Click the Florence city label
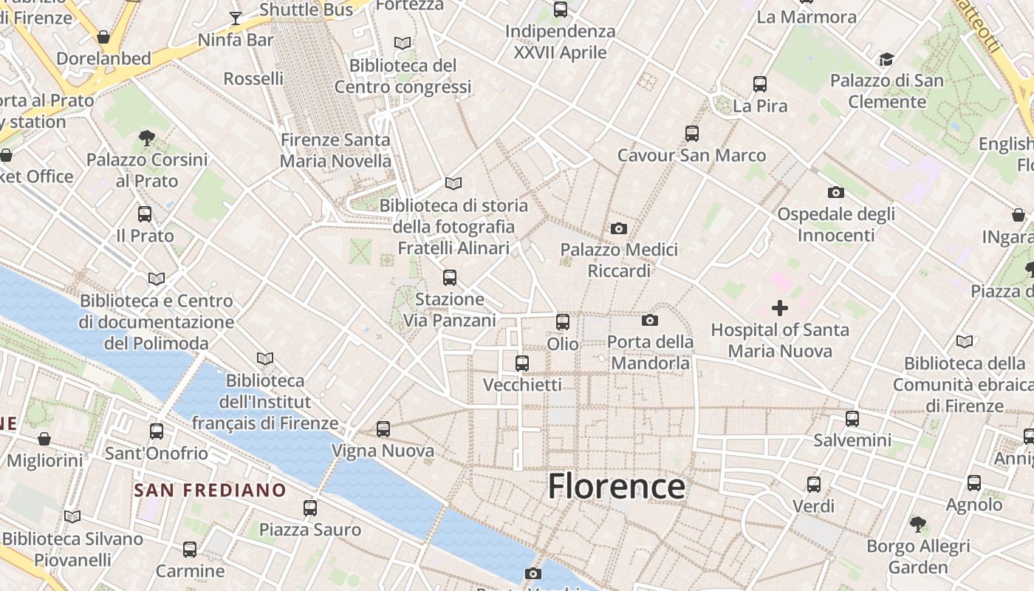pyautogui.click(x=616, y=486)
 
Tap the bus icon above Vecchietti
pyautogui.click(x=522, y=363)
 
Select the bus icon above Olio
pyautogui.click(x=563, y=321)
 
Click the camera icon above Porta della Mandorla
pyautogui.click(x=650, y=320)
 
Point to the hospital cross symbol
pyautogui.click(x=779, y=307)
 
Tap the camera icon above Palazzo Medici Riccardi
pyautogui.click(x=619, y=228)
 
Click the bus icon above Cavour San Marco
pyautogui.click(x=691, y=134)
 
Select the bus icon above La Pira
pyautogui.click(x=760, y=84)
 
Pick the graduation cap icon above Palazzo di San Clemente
pyautogui.click(x=886, y=59)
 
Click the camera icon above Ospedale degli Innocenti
pyautogui.click(x=836, y=192)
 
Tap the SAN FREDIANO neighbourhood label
pyautogui.click(x=210, y=490)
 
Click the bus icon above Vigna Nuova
pyautogui.click(x=383, y=428)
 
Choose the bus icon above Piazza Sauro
pyautogui.click(x=310, y=508)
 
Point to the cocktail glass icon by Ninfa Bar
pyautogui.click(x=236, y=18)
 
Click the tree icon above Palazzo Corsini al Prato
pyautogui.click(x=146, y=137)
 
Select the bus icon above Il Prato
pyautogui.click(x=145, y=214)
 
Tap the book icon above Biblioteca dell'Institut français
pyautogui.click(x=264, y=358)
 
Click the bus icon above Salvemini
pyautogui.click(x=852, y=419)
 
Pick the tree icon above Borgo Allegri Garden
pyautogui.click(x=918, y=525)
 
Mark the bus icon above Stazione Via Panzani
pyautogui.click(x=449, y=278)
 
